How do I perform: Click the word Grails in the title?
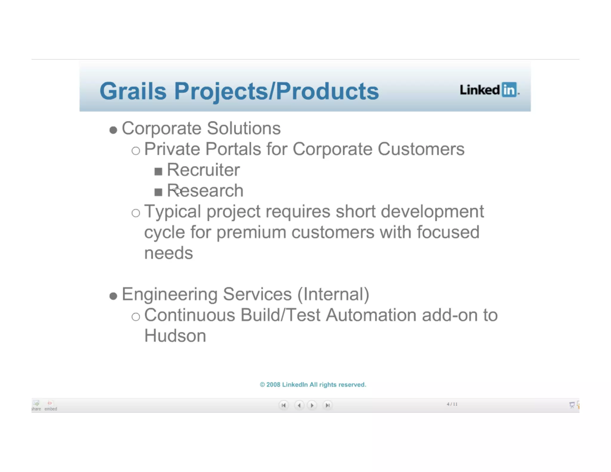(x=133, y=91)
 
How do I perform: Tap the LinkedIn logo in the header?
(x=489, y=90)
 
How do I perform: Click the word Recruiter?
(x=203, y=170)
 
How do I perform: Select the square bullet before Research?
(x=158, y=192)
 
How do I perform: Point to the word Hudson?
(x=175, y=336)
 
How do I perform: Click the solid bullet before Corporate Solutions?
(x=113, y=130)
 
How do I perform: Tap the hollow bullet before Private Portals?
(x=136, y=150)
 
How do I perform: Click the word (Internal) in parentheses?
(x=333, y=294)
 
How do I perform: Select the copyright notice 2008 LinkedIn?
(x=313, y=385)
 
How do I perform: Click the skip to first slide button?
(x=283, y=405)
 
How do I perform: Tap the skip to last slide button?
(x=327, y=405)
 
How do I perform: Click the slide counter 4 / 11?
(x=452, y=404)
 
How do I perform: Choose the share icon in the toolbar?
(x=36, y=405)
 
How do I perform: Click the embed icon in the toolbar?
(x=50, y=405)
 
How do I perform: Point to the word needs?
(x=169, y=253)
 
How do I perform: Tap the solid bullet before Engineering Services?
(x=113, y=296)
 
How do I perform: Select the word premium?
(x=251, y=232)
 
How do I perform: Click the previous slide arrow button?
(x=299, y=405)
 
